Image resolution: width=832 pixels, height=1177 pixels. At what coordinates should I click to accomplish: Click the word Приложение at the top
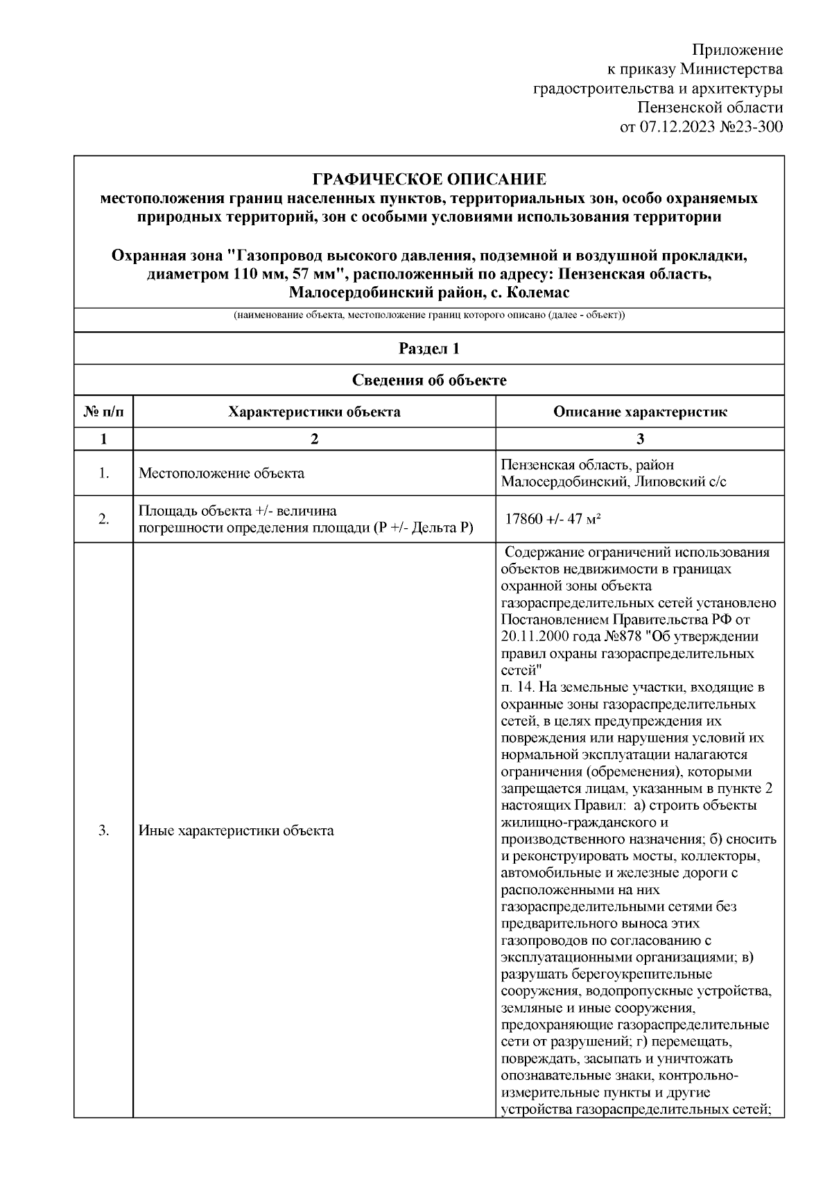point(737,50)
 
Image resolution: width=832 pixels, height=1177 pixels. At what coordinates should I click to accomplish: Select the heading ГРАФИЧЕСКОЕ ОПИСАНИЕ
point(429,180)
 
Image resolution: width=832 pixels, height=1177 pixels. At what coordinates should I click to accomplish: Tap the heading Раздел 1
point(429,349)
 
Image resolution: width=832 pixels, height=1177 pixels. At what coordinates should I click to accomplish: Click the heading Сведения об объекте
point(429,381)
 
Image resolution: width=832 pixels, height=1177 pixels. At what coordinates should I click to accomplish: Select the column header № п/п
point(104,412)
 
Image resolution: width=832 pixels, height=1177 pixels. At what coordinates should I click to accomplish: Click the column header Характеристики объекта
point(314,412)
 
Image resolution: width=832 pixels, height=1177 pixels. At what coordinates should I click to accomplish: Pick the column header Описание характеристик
point(640,412)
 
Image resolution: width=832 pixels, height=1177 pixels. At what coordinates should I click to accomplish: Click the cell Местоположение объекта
point(221,474)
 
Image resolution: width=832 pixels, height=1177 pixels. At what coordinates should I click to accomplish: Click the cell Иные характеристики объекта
point(236,830)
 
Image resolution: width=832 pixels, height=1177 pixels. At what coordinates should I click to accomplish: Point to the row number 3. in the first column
point(104,830)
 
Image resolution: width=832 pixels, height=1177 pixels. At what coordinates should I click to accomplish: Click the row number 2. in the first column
point(104,519)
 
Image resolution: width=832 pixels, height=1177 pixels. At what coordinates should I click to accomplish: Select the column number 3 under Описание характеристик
point(640,439)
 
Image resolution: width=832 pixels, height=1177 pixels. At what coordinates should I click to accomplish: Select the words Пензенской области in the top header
point(710,107)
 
